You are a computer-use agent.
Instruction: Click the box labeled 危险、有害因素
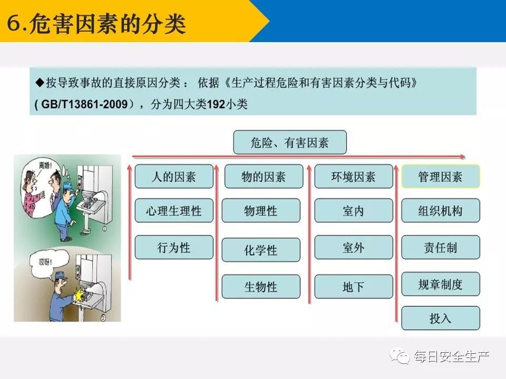coord(290,142)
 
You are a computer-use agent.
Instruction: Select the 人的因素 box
coord(174,176)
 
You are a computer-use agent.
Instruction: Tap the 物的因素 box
coord(264,176)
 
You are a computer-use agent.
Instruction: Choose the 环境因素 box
coord(354,176)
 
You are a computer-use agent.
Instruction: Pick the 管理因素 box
coord(441,176)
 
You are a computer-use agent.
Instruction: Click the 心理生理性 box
coord(174,211)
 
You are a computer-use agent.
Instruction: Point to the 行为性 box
coord(174,247)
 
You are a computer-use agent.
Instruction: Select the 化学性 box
coord(261,250)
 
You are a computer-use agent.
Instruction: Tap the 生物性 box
coord(261,286)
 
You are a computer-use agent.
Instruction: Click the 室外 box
coord(354,247)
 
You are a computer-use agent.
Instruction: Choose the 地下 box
coord(354,286)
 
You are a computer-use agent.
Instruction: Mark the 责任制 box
coord(441,247)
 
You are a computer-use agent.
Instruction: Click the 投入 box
coord(441,318)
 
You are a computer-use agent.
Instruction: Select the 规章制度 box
coord(441,284)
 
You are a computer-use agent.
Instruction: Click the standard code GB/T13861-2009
coord(84,104)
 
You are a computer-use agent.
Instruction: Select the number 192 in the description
coord(216,104)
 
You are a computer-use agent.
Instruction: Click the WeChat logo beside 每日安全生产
coord(400,356)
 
